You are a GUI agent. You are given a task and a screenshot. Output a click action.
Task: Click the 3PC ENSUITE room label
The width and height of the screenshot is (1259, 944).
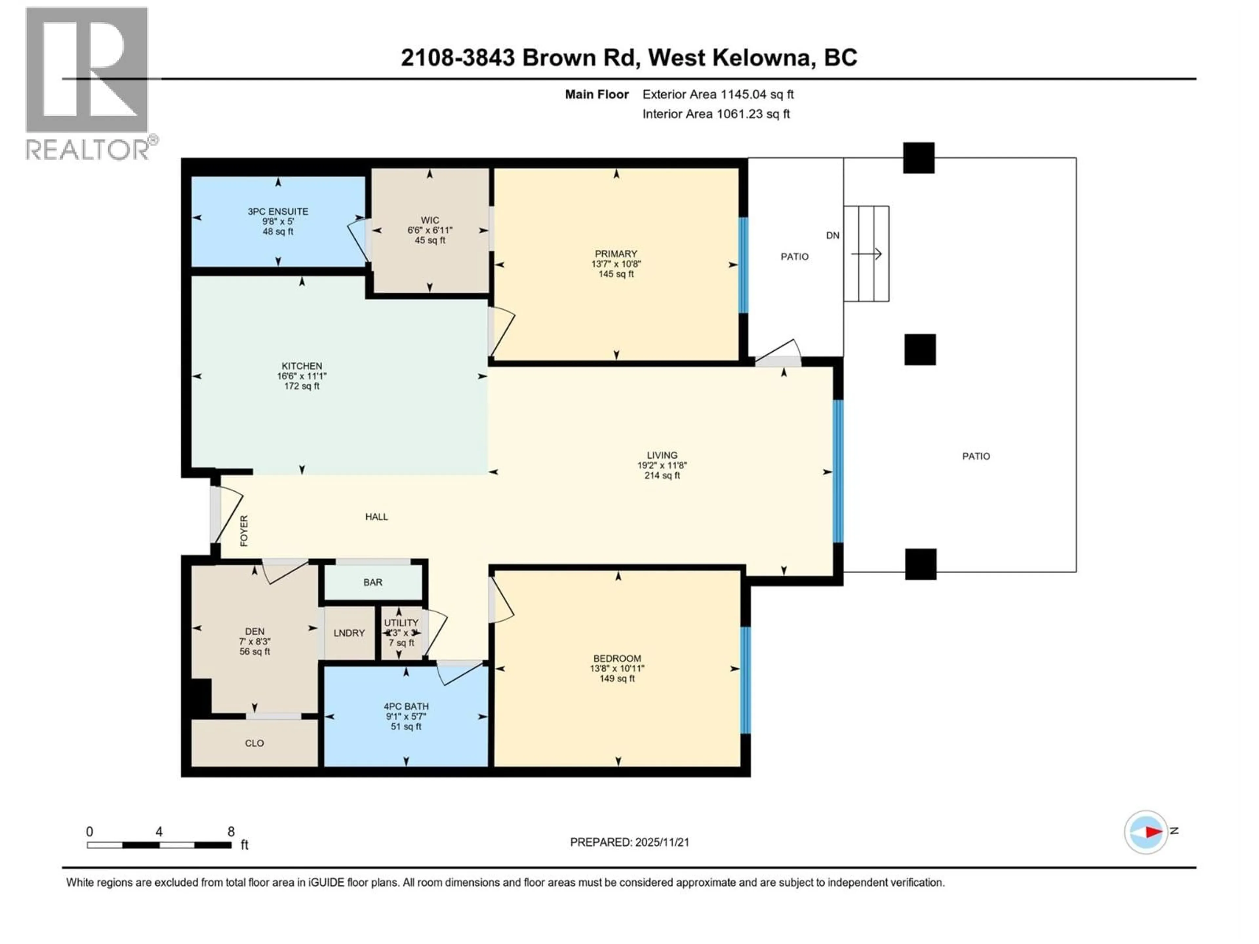click(278, 211)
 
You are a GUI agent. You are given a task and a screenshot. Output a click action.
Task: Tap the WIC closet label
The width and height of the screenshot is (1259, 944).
click(430, 220)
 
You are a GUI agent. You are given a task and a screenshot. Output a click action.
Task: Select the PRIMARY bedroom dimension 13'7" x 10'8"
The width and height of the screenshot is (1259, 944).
click(616, 264)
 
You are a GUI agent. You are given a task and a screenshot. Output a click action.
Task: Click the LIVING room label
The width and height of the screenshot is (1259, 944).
click(662, 455)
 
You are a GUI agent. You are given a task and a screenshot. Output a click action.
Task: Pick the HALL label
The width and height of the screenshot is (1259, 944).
click(376, 517)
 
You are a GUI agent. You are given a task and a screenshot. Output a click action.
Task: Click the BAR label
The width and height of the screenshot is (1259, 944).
click(373, 582)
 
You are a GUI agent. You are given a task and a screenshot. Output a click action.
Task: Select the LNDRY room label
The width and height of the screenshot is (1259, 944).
click(349, 633)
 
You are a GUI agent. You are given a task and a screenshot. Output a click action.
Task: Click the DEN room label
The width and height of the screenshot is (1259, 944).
click(254, 631)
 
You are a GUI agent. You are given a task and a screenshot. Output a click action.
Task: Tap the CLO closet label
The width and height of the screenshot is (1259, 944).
click(254, 743)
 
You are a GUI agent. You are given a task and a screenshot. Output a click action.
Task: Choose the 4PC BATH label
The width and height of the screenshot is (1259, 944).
click(406, 706)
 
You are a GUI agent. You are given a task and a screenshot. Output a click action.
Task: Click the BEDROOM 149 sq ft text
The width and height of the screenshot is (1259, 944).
click(617, 679)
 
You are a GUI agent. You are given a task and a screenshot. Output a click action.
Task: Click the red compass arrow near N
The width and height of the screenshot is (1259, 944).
click(1153, 832)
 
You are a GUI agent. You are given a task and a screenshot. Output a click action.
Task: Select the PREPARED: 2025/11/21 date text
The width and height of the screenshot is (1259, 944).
click(629, 842)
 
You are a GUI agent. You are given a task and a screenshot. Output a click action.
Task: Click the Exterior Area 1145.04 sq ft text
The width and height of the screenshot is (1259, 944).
click(718, 94)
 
